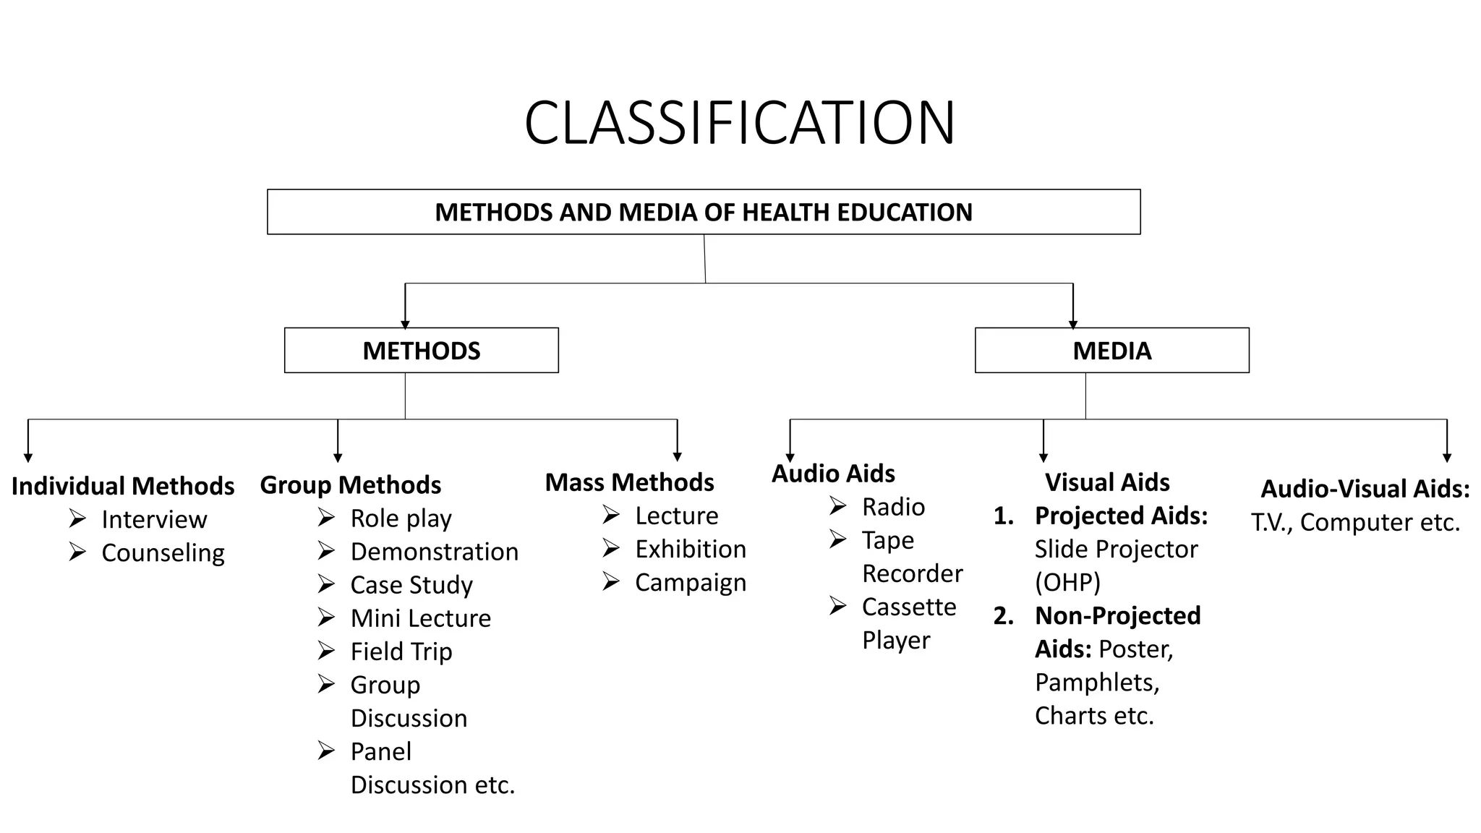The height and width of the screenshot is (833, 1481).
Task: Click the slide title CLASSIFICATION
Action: tap(740, 123)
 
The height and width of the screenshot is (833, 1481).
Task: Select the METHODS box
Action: tap(421, 351)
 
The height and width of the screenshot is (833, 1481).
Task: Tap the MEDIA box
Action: tap(1111, 351)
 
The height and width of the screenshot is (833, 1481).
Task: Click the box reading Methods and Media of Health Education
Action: tap(704, 212)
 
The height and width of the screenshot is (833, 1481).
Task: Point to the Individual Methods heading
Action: tap(123, 486)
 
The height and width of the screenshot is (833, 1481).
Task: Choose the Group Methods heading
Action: tap(351, 484)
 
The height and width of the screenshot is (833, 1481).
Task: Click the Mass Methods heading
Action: tap(629, 482)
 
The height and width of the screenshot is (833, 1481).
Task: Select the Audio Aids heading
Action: tap(833, 474)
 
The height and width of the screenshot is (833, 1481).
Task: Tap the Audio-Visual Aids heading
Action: tap(1365, 489)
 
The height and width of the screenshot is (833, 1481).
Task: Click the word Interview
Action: tap(154, 519)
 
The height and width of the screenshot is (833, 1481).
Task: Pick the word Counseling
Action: tap(163, 552)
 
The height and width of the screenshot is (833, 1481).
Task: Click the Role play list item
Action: tap(401, 518)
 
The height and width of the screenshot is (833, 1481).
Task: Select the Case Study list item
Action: tap(411, 584)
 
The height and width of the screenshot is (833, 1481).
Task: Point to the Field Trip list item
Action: tap(401, 652)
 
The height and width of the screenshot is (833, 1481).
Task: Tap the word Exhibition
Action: tap(691, 549)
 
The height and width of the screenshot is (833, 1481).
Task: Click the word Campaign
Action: tap(691, 582)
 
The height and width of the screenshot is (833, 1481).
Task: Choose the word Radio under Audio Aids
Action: tap(893, 507)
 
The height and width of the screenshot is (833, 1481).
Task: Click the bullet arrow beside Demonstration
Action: tap(326, 552)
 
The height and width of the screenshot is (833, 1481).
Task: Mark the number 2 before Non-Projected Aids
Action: tap(1003, 615)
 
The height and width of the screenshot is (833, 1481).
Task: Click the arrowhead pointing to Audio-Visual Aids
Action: tap(1447, 458)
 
